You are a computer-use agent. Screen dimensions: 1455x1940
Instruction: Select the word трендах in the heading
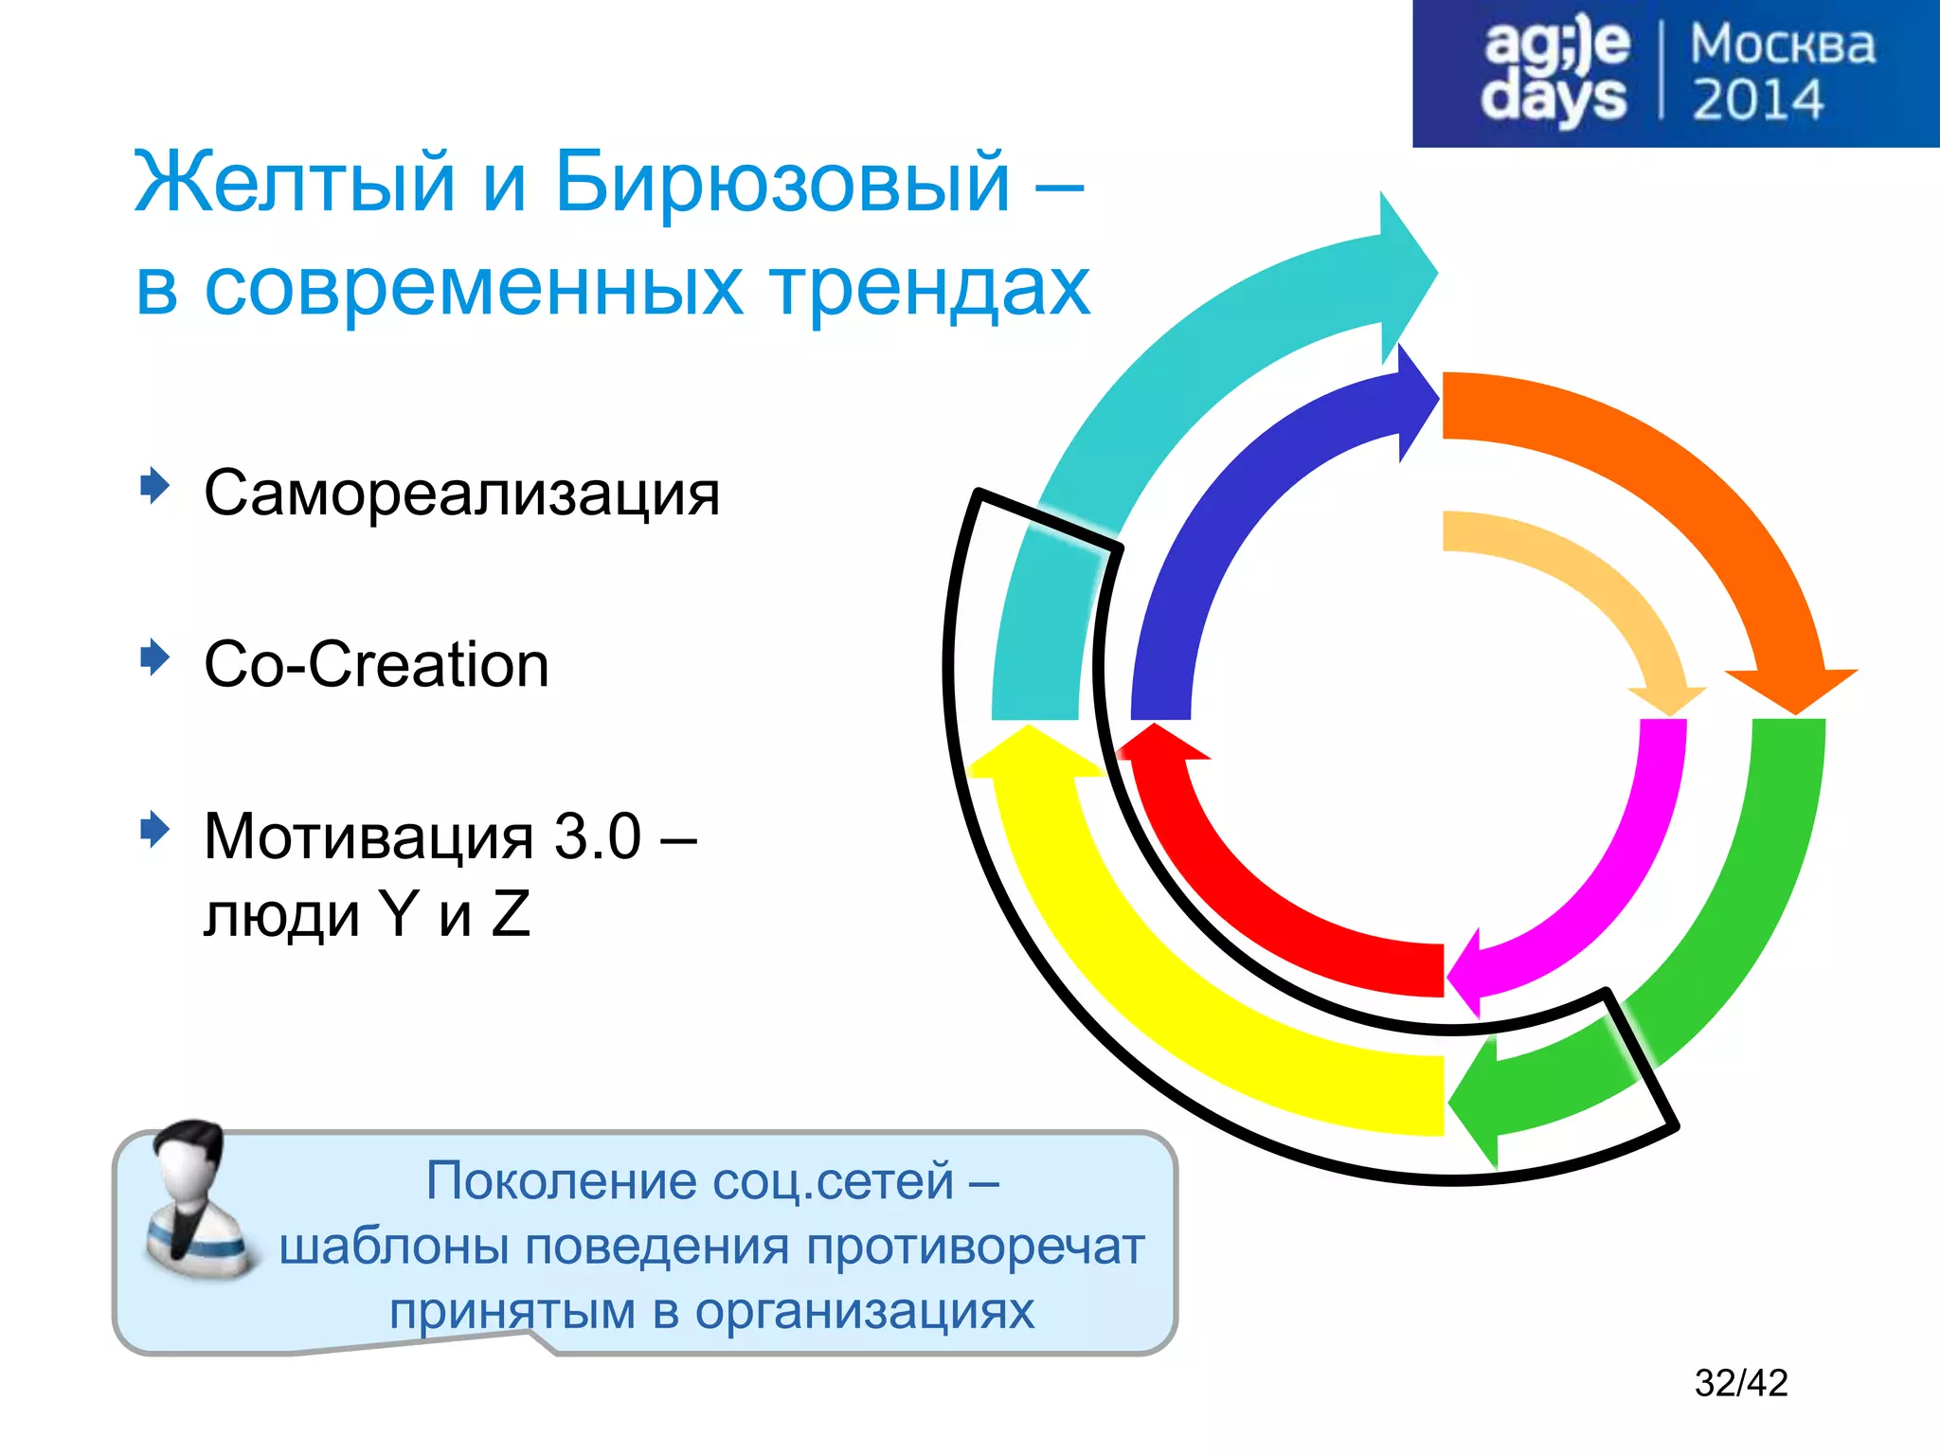pos(929,286)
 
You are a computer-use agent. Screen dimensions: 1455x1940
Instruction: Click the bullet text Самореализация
pos(462,493)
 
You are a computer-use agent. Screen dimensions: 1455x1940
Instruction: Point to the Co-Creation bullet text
pos(376,664)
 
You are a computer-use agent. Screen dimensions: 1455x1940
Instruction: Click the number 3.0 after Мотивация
pos(597,836)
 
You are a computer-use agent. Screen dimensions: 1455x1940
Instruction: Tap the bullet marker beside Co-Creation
pos(154,657)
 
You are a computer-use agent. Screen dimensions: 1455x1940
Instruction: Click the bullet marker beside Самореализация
pos(154,486)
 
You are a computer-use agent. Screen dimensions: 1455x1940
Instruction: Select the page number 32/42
pos(1740,1383)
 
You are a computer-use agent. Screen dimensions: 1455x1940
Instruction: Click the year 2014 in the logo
pos(1757,99)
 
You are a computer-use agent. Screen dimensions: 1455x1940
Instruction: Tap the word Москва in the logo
pos(1782,45)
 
